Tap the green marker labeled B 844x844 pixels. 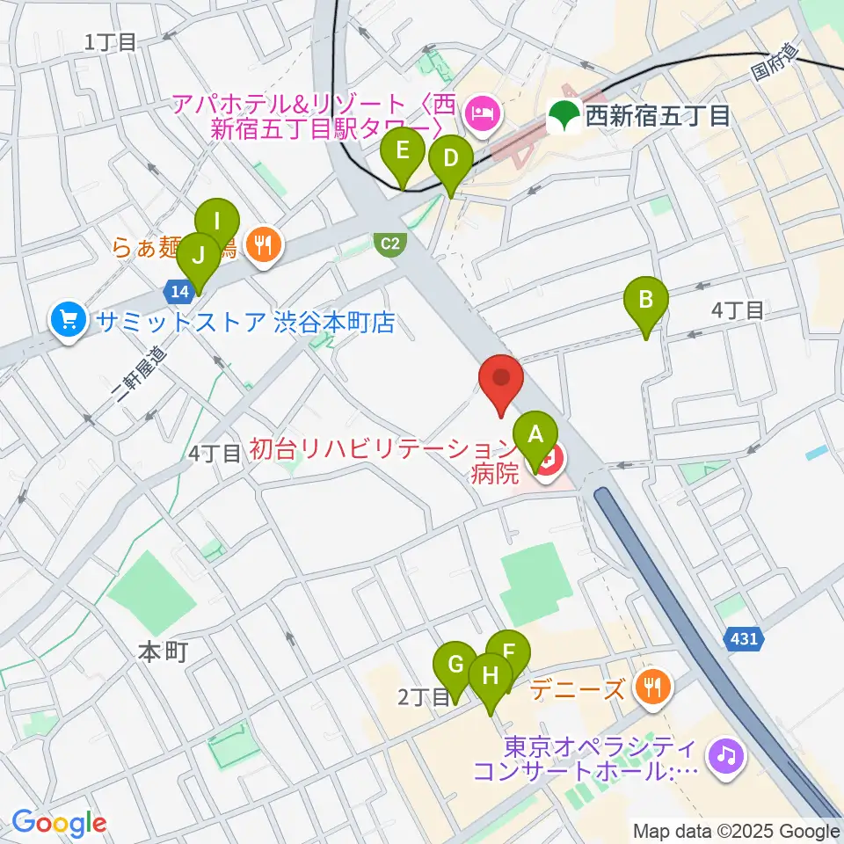(x=645, y=300)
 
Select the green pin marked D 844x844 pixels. (x=450, y=159)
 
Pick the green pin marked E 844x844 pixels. (x=403, y=150)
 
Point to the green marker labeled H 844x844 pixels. (x=490, y=676)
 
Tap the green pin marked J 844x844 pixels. (x=199, y=257)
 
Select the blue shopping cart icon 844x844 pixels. (x=68, y=318)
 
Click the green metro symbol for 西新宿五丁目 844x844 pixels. (x=563, y=114)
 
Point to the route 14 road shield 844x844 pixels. (x=175, y=289)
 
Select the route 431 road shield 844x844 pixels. (x=743, y=640)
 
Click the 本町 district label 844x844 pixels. (x=164, y=652)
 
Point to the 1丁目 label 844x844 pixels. (x=111, y=40)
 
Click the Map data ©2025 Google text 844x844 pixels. (x=737, y=831)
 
